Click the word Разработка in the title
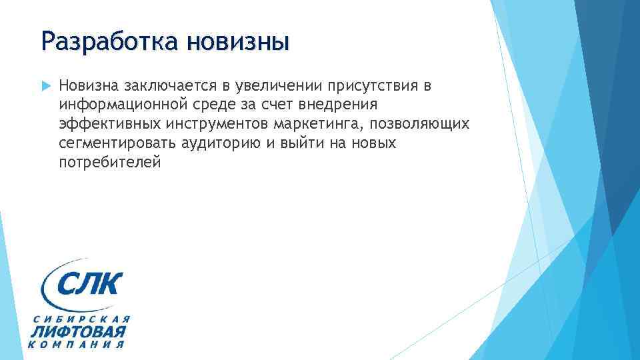[110, 42]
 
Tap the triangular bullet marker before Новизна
[45, 85]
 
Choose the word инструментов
[210, 124]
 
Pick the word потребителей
[109, 163]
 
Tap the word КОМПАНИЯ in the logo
[77, 345]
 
